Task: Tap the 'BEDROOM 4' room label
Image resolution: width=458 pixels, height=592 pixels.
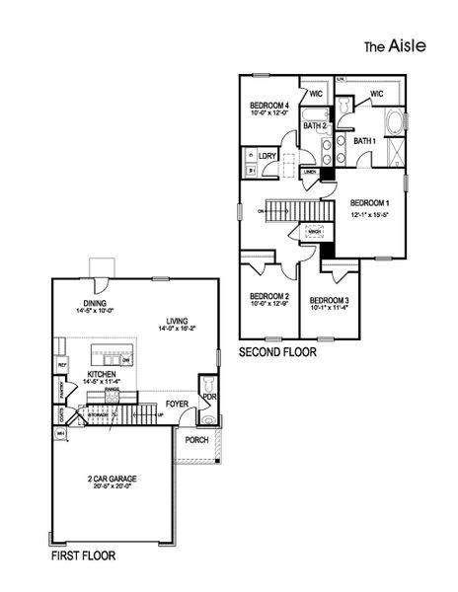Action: click(269, 106)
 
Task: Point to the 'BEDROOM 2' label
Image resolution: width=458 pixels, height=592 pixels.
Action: click(269, 296)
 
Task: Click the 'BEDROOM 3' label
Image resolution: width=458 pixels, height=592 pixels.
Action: click(330, 300)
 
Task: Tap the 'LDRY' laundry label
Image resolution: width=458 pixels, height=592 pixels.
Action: click(267, 155)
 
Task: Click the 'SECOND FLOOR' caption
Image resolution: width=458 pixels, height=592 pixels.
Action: click(278, 351)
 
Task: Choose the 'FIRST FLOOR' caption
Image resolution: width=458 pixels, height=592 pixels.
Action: click(82, 556)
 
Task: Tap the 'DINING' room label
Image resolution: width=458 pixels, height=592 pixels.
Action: click(95, 303)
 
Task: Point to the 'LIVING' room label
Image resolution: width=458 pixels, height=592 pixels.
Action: click(178, 321)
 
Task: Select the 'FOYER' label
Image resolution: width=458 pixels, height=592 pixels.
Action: click(177, 403)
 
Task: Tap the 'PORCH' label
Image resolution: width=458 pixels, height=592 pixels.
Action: click(196, 440)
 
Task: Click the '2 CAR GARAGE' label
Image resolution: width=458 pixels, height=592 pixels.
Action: click(112, 479)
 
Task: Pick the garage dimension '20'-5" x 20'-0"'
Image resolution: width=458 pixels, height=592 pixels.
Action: click(112, 487)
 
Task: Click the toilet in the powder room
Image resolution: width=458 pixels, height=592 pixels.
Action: click(207, 384)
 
